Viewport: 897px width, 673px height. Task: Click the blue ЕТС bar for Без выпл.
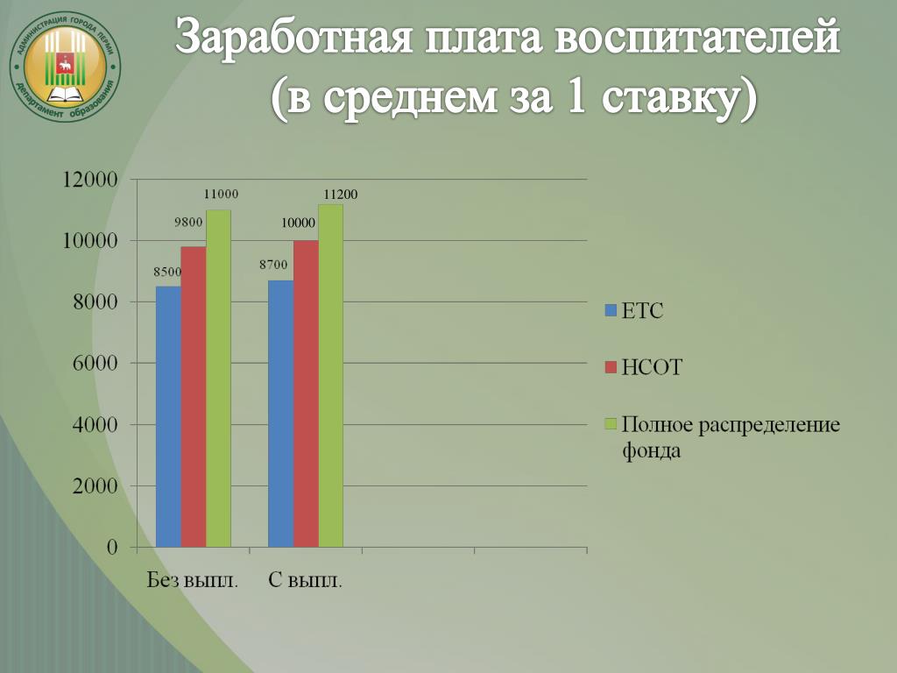click(x=169, y=416)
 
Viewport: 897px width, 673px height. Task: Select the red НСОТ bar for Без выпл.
click(x=194, y=397)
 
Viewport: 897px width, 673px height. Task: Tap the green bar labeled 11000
click(x=218, y=379)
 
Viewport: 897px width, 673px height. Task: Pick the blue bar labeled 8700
click(x=281, y=414)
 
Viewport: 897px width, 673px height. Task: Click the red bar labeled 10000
click(x=306, y=393)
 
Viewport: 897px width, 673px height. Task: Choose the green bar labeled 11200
click(x=330, y=375)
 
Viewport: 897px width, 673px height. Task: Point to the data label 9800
click(x=189, y=223)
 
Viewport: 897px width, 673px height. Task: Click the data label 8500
click(x=167, y=272)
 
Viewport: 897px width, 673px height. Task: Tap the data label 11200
click(x=341, y=195)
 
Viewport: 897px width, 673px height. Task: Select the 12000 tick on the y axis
click(x=89, y=180)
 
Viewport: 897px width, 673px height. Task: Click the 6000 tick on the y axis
click(x=95, y=364)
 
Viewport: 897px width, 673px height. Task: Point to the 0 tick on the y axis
click(x=112, y=547)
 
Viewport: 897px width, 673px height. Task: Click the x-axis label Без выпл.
click(x=193, y=580)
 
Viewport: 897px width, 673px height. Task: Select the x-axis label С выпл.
click(x=306, y=580)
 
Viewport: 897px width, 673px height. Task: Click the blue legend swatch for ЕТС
click(x=611, y=311)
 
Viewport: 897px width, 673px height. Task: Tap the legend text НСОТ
click(x=652, y=367)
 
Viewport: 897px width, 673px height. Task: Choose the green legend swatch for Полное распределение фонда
click(x=611, y=424)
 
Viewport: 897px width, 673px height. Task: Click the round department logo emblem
click(x=65, y=67)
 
